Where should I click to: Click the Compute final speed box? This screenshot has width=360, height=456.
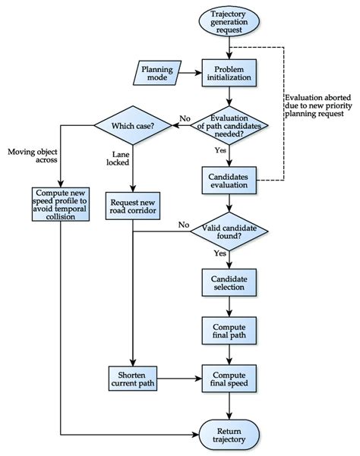(x=229, y=376)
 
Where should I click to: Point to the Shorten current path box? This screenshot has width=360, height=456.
(x=132, y=376)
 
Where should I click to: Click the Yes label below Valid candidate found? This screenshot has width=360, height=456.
(x=220, y=252)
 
